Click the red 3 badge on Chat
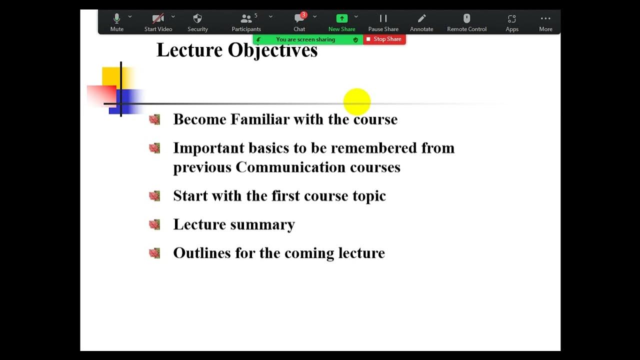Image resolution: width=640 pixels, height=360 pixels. point(303,15)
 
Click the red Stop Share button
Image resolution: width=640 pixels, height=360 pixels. point(384,39)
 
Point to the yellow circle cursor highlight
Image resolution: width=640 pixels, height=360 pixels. point(357,101)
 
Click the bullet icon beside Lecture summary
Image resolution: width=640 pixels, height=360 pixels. point(154,224)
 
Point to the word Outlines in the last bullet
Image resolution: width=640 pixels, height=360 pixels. point(202,253)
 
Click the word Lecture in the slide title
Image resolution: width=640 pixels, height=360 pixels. point(189,50)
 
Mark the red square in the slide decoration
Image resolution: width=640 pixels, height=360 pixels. point(101,95)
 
